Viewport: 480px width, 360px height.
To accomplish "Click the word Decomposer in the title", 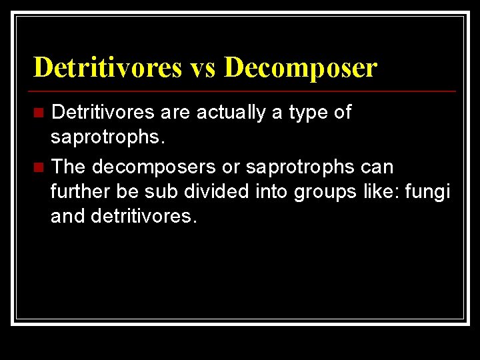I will point(301,67).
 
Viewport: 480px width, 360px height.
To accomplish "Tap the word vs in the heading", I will point(202,67).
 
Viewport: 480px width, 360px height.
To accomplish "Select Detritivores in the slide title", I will point(107,67).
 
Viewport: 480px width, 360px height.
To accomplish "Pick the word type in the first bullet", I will point(309,113).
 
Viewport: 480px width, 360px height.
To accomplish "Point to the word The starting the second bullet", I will point(69,166).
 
